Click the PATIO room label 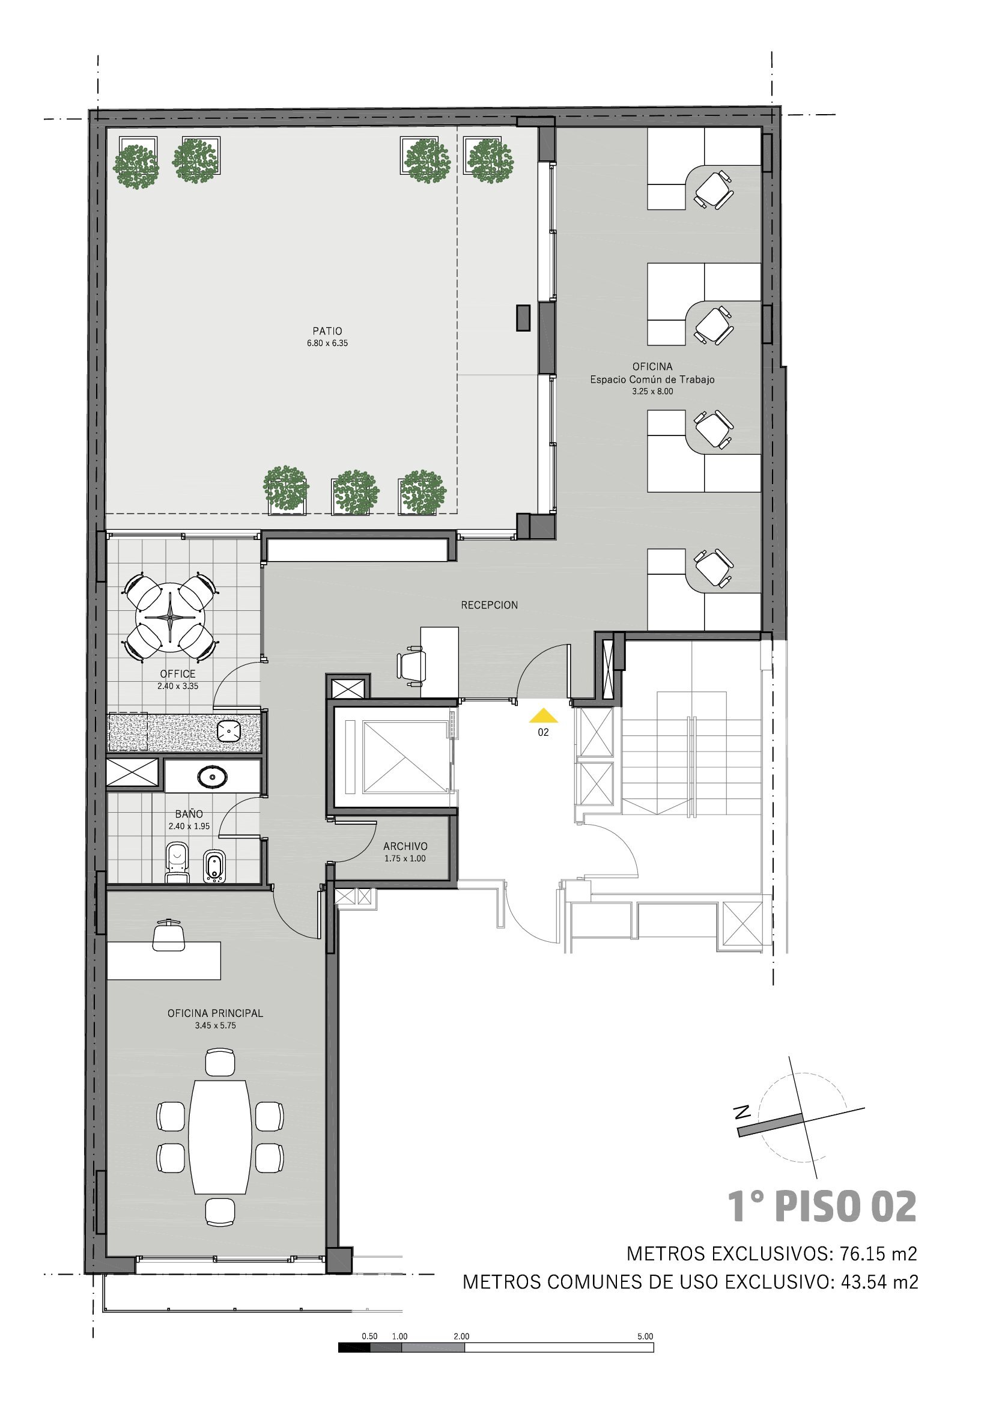(327, 331)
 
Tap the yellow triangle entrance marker (543, 715)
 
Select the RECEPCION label (490, 605)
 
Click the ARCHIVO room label (405, 846)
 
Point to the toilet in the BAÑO (177, 863)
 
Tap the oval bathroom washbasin (212, 777)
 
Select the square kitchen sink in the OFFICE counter (229, 730)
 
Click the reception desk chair (411, 665)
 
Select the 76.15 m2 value (879, 1254)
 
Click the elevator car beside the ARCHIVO (404, 757)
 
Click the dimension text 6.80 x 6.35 (327, 344)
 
